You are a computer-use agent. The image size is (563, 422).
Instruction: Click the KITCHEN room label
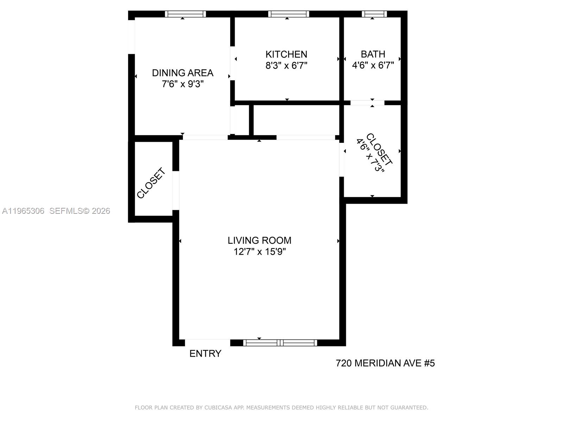pyautogui.click(x=286, y=54)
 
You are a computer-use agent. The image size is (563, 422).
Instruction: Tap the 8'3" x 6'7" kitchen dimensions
pyautogui.click(x=286, y=66)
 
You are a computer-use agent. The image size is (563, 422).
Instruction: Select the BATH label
pyautogui.click(x=373, y=54)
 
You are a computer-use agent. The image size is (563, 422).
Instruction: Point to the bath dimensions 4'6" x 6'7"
pyautogui.click(x=373, y=65)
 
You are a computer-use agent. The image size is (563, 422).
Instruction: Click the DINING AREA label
pyautogui.click(x=182, y=73)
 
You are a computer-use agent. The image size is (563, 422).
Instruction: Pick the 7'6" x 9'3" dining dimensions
pyautogui.click(x=182, y=84)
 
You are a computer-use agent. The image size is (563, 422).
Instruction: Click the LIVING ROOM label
pyautogui.click(x=259, y=241)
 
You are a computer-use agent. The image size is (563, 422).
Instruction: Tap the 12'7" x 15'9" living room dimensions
pyautogui.click(x=259, y=252)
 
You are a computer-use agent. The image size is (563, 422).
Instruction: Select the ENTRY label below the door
pyautogui.click(x=205, y=353)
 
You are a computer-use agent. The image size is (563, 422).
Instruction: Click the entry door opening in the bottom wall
pyautogui.click(x=208, y=343)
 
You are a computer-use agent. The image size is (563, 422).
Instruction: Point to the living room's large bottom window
pyautogui.click(x=280, y=343)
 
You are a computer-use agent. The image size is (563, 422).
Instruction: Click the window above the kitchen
pyautogui.click(x=289, y=14)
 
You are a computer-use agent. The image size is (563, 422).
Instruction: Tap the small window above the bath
pyautogui.click(x=374, y=14)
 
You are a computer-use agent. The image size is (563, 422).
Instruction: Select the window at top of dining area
pyautogui.click(x=185, y=14)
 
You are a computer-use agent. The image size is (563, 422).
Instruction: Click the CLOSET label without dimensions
pyautogui.click(x=151, y=183)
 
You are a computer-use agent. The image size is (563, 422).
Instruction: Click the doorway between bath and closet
pyautogui.click(x=367, y=103)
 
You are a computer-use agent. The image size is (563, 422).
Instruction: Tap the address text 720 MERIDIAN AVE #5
pyautogui.click(x=385, y=363)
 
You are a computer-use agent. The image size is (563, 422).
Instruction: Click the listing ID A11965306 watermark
pyautogui.click(x=23, y=211)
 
